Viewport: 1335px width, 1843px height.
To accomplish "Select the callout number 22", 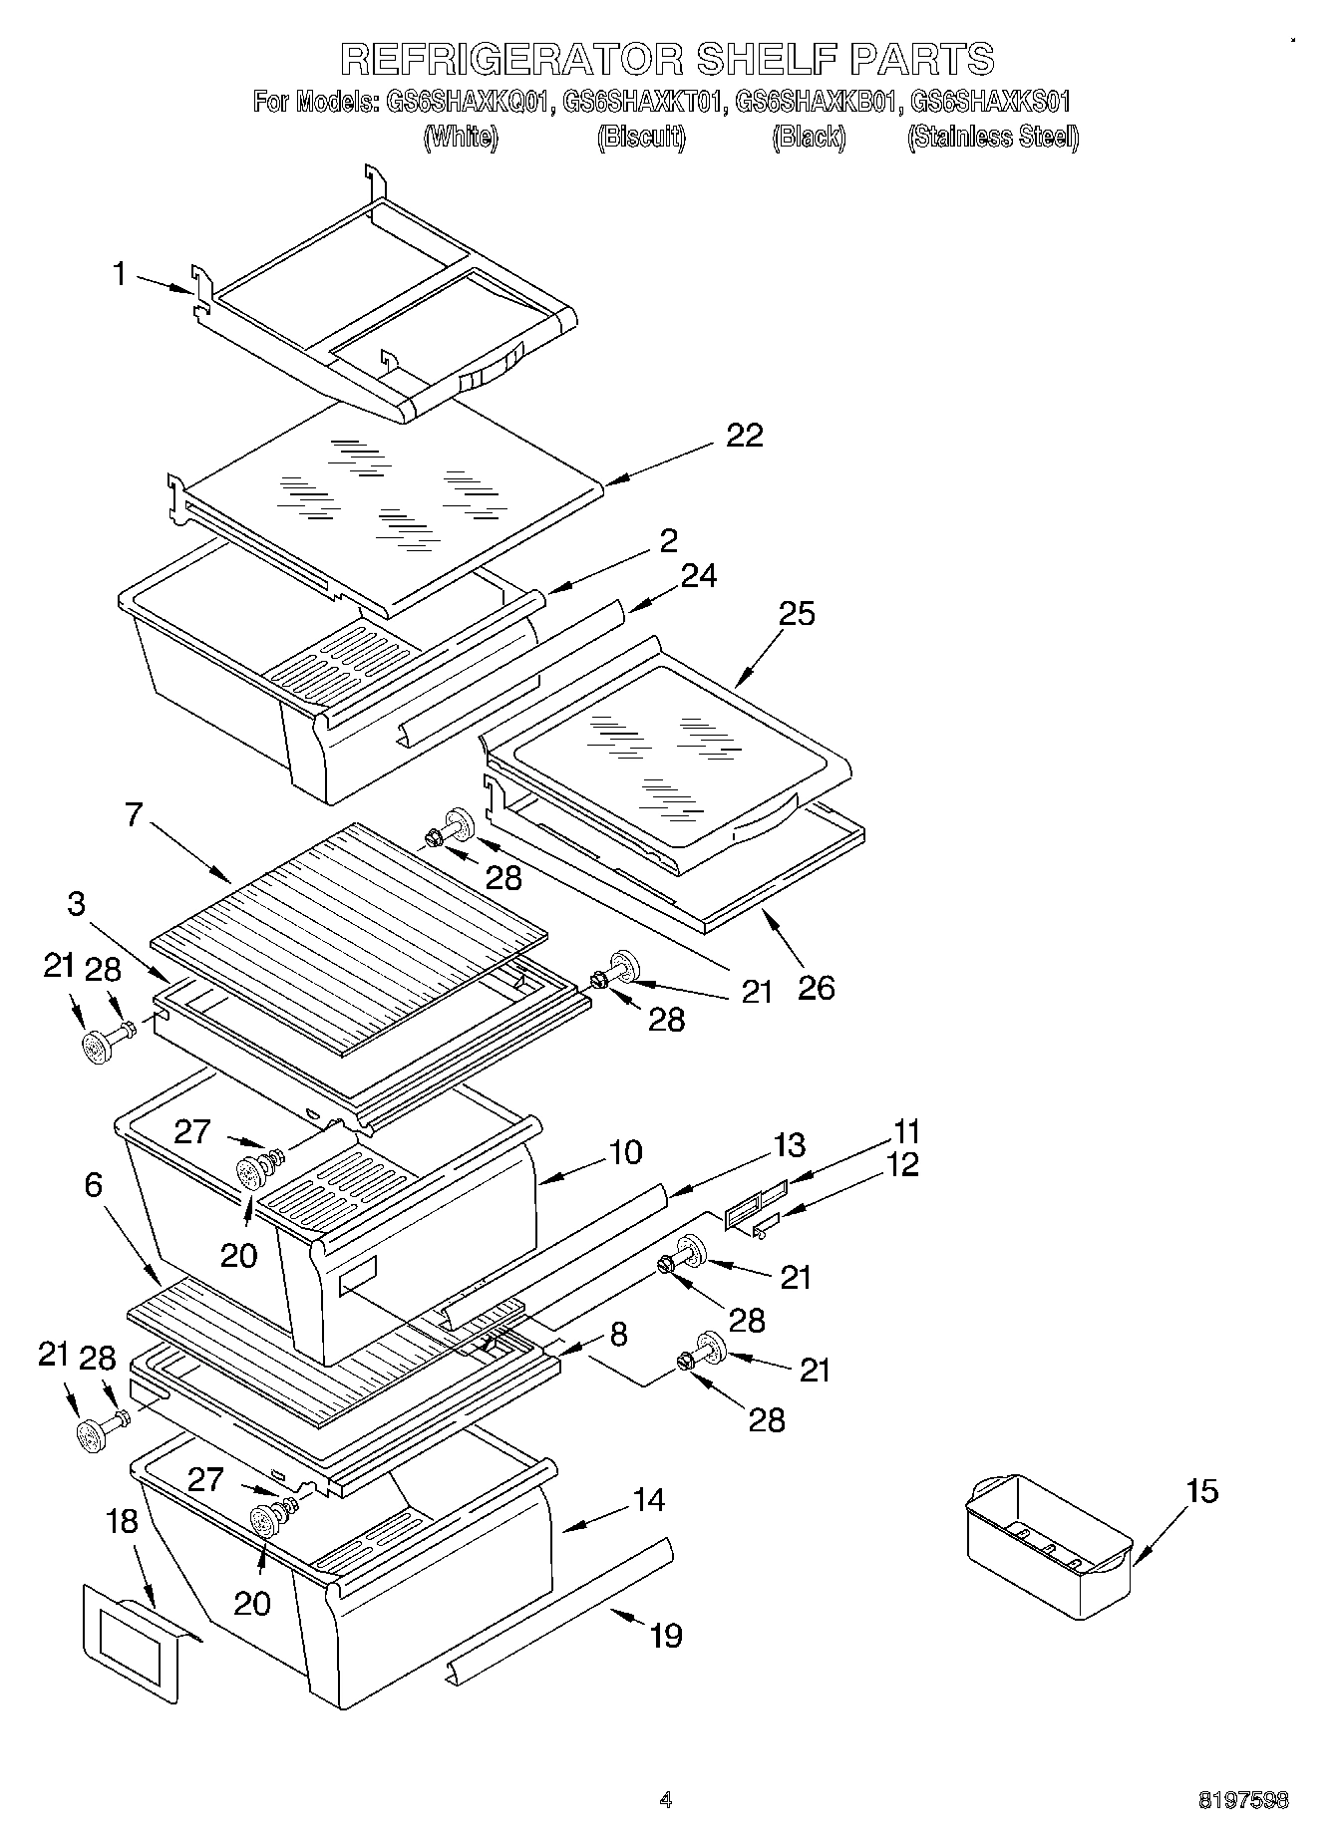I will (744, 436).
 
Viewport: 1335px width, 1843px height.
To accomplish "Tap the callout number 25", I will (797, 613).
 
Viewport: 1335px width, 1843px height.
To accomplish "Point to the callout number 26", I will (816, 988).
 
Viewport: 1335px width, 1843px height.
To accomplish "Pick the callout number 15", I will (1202, 1491).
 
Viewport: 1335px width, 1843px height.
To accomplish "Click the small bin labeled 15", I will (1048, 1545).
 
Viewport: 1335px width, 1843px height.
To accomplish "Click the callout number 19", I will (665, 1635).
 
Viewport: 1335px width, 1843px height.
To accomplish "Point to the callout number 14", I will (649, 1499).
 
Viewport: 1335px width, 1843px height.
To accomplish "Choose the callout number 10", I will (624, 1152).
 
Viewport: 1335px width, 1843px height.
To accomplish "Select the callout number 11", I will (906, 1131).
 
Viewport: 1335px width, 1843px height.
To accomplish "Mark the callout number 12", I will (902, 1164).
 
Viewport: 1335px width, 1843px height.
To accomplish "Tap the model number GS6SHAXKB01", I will (818, 102).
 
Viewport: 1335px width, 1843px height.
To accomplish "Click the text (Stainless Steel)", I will (992, 138).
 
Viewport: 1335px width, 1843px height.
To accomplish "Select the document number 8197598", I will (1242, 1800).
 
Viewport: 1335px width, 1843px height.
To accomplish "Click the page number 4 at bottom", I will (666, 1799).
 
